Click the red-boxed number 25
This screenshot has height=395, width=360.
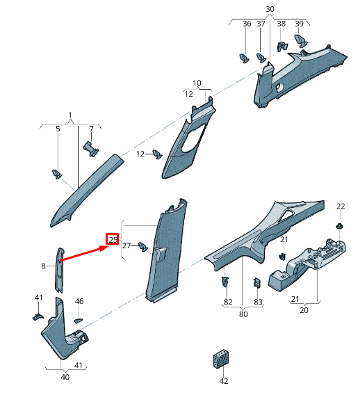point(113,240)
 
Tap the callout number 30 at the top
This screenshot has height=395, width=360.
point(270,9)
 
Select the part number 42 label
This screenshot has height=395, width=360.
point(223,381)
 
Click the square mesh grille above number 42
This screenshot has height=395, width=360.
point(222,360)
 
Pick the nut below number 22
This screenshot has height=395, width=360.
point(340,227)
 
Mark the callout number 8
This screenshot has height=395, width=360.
point(43,266)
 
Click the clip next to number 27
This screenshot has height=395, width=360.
point(142,246)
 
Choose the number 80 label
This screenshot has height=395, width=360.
point(243,314)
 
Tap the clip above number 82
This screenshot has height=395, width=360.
point(227,282)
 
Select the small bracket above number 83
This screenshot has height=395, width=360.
point(257,283)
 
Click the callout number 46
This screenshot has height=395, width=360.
point(79,301)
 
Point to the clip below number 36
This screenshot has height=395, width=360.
point(245,56)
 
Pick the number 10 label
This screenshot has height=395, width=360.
point(197,83)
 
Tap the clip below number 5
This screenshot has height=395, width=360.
point(58,173)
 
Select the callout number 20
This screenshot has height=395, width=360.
point(304,310)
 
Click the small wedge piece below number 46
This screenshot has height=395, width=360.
point(78,319)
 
